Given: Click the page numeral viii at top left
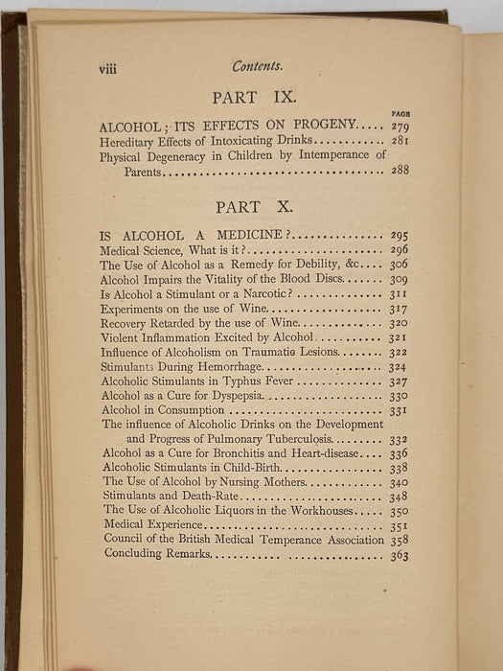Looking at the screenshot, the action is point(104,68).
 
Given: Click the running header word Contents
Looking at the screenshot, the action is point(258,66).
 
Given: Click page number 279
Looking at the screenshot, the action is point(399,127).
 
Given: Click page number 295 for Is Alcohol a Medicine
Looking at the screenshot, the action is point(399,235).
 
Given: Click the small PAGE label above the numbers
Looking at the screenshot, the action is point(400,114).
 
